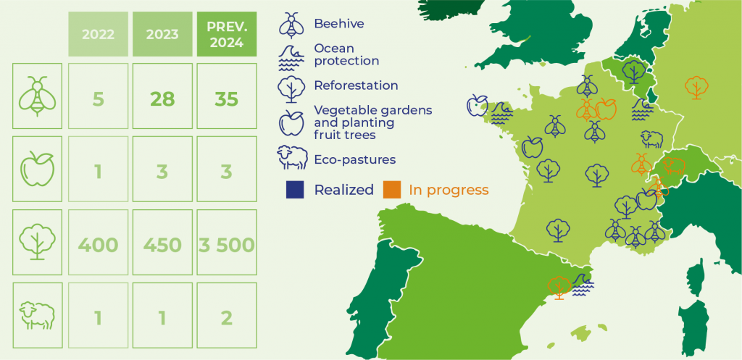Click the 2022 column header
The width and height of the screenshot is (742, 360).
(98, 34)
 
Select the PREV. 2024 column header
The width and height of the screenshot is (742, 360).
(227, 34)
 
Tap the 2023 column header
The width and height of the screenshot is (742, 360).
(162, 34)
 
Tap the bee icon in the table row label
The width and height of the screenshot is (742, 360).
(38, 96)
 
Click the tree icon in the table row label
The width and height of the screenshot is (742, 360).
(38, 242)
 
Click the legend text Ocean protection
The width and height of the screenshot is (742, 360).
(347, 55)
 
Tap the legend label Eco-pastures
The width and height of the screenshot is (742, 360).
(355, 159)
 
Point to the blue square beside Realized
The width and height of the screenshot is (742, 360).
(295, 190)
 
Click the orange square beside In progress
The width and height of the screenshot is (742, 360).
(392, 190)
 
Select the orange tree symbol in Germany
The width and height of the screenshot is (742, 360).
(696, 87)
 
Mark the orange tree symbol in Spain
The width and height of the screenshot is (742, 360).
(559, 288)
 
